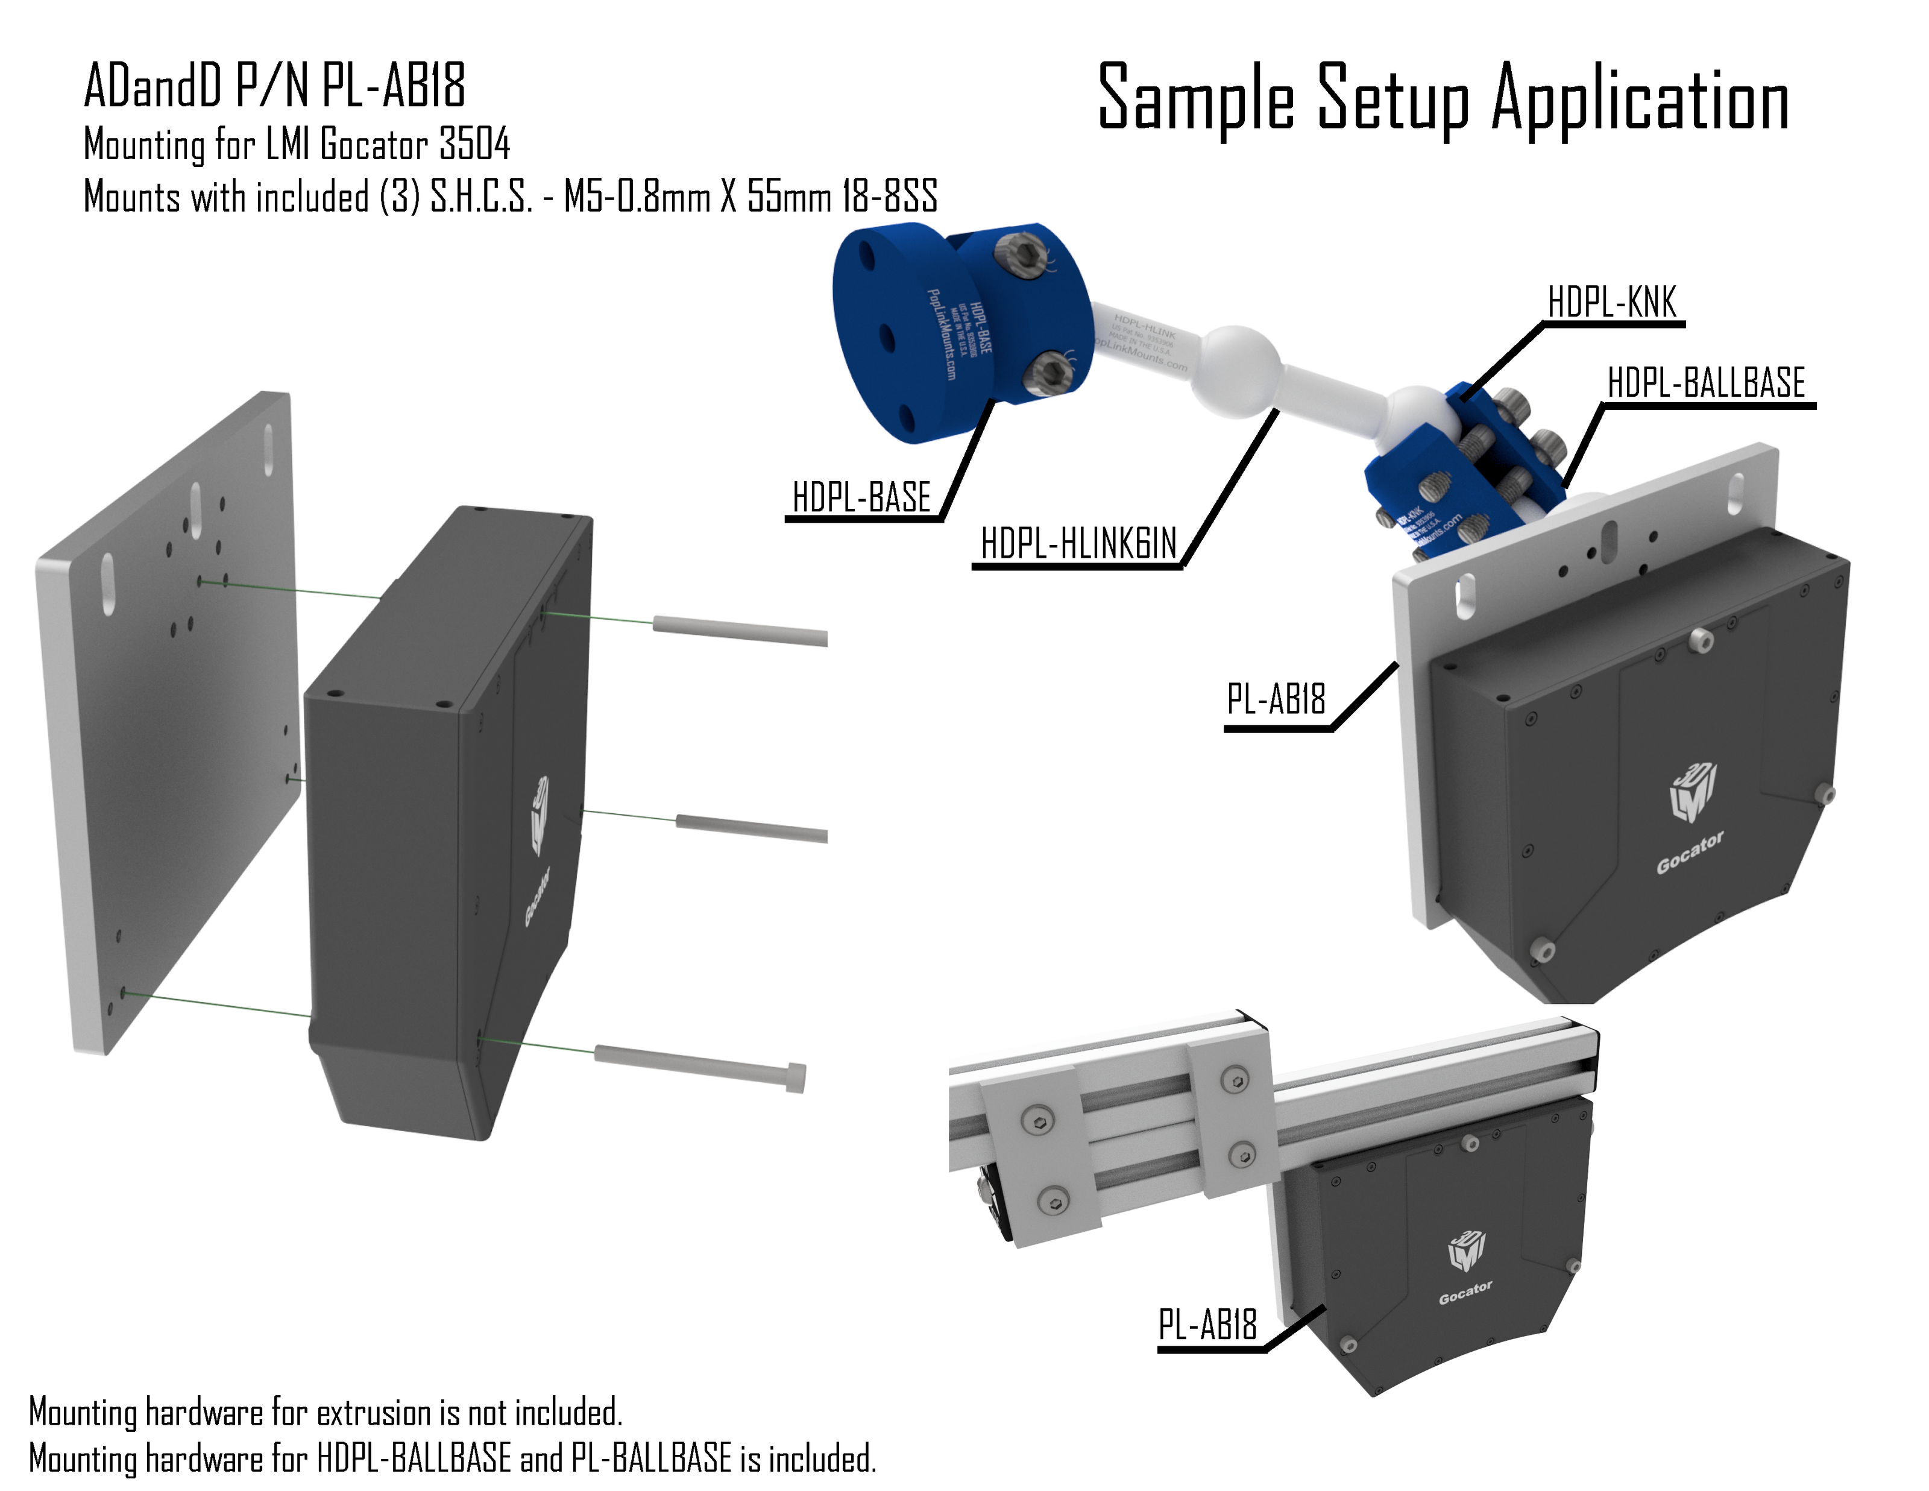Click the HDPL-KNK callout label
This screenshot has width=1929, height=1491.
pyautogui.click(x=1611, y=303)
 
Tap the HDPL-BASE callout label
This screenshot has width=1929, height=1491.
pyautogui.click(x=861, y=497)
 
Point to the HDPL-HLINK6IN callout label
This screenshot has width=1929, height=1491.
pyautogui.click(x=1078, y=543)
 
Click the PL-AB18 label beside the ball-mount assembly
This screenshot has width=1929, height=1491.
pyautogui.click(x=1276, y=699)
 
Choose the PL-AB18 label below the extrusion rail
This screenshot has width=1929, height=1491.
pyautogui.click(x=1207, y=1325)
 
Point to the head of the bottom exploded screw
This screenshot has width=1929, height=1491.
pyautogui.click(x=795, y=1077)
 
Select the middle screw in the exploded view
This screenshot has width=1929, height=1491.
pyautogui.click(x=751, y=828)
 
